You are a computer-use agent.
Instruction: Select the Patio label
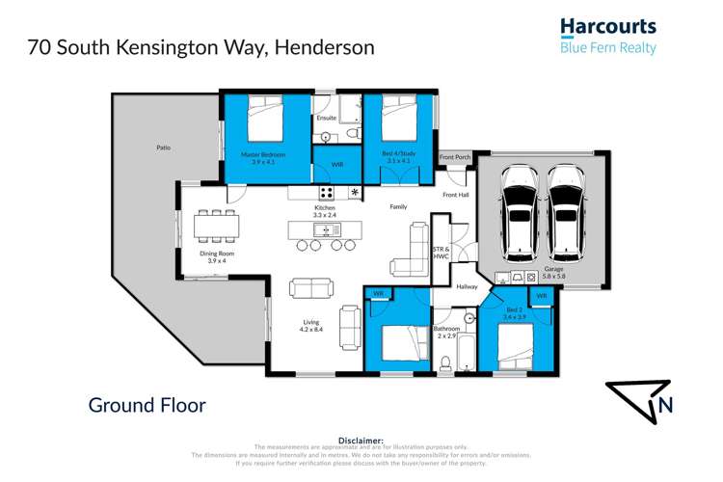pos(164,147)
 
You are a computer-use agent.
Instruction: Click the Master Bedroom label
pos(258,158)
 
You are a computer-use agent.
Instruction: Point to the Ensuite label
pos(327,119)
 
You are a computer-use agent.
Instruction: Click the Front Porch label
pos(454,157)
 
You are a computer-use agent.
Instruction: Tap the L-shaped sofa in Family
pos(411,249)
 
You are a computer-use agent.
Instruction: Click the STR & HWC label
pos(442,253)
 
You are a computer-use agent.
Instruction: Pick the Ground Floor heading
pos(147,405)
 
